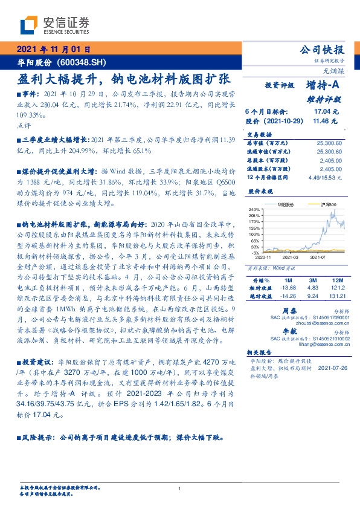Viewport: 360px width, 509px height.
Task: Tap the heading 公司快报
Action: [x=323, y=50]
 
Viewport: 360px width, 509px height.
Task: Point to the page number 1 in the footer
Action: [x=180, y=488]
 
